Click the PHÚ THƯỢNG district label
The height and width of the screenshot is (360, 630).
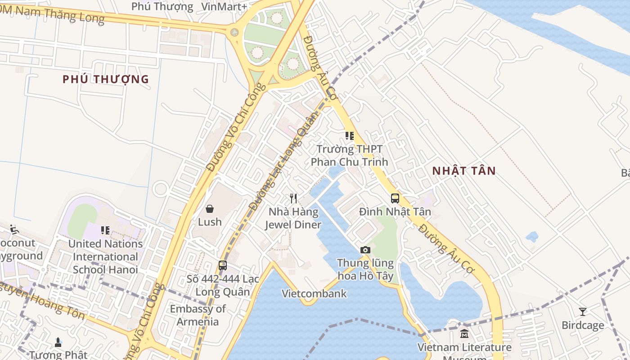pos(106,80)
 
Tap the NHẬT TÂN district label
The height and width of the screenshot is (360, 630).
pos(464,171)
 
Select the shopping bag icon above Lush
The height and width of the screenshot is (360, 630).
pos(210,208)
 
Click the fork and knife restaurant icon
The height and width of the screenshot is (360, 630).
pos(293,198)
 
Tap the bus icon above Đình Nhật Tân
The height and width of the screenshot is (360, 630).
pos(395,198)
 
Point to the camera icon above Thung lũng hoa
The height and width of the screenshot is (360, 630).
pos(365,250)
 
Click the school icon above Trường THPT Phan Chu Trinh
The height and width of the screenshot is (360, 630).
pos(349,135)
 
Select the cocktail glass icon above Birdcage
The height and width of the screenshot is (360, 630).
pos(583,311)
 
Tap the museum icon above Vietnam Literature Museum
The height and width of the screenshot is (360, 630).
pos(464,334)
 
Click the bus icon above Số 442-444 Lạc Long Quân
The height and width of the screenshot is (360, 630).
pos(222,265)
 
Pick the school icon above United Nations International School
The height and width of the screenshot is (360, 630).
pos(105,230)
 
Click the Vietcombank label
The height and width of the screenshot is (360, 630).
pos(314,294)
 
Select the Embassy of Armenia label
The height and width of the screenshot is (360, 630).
pos(198,315)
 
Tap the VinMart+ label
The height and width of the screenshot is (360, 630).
pos(224,6)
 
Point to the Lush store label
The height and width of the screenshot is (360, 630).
pos(210,222)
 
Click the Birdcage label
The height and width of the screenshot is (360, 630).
pos(583,325)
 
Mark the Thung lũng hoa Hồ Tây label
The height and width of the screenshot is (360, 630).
pos(365,269)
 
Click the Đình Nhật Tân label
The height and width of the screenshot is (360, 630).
pos(395,211)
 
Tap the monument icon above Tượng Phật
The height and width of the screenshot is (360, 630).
pos(58,342)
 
